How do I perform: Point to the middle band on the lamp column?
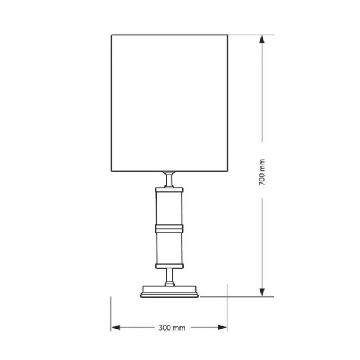pyautogui.click(x=169, y=227)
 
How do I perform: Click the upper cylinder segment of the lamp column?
pyautogui.click(x=169, y=207)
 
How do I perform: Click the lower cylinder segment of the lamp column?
pyautogui.click(x=169, y=247)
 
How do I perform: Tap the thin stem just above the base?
pyautogui.click(x=169, y=276)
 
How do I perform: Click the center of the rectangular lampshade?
pyautogui.click(x=169, y=103)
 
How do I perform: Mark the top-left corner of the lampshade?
pyautogui.click(x=111, y=35)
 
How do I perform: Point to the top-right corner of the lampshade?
pyautogui.click(x=227, y=35)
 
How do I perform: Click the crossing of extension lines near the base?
pyautogui.click(x=227, y=296)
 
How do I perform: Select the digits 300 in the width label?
pyautogui.click(x=166, y=328)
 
